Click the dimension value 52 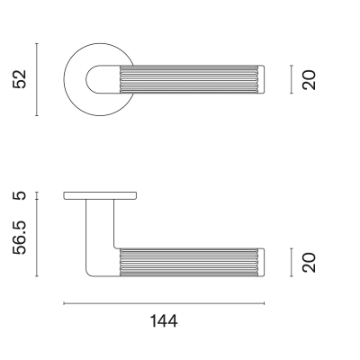(20, 79)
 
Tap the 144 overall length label (164, 321)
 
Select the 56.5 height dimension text (20, 238)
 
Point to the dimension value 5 (20, 196)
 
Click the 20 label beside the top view (309, 80)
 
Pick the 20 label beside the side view (309, 263)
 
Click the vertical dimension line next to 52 (37, 79)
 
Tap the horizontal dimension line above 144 (164, 303)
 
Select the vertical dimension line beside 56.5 (37, 238)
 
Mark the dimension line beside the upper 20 (292, 79)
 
